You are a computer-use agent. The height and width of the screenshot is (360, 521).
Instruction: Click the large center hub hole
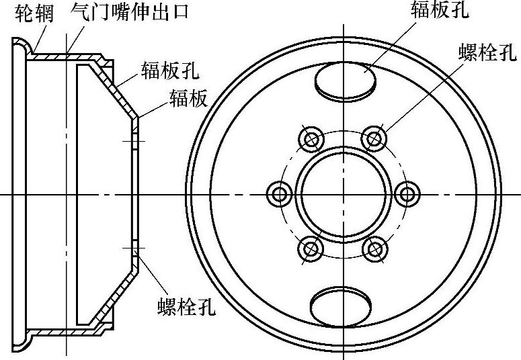click(344, 194)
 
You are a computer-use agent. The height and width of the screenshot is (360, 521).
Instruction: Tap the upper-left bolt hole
click(311, 139)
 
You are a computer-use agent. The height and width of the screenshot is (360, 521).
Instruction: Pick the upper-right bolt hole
click(374, 139)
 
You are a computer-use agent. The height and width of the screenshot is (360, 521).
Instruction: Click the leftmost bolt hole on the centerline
click(280, 194)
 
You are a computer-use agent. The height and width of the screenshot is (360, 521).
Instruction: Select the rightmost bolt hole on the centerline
click(407, 194)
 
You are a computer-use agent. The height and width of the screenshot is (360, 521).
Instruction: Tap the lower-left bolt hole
click(311, 249)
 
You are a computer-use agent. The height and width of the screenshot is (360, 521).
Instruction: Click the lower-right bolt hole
click(374, 249)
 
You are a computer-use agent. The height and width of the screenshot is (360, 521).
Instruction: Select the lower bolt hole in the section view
click(134, 249)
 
